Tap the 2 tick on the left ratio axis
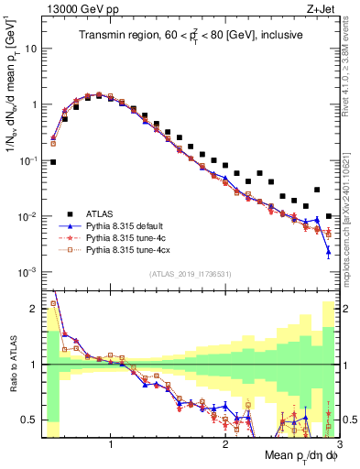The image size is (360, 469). (x=34, y=309)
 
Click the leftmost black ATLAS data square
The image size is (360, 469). (x=53, y=162)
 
